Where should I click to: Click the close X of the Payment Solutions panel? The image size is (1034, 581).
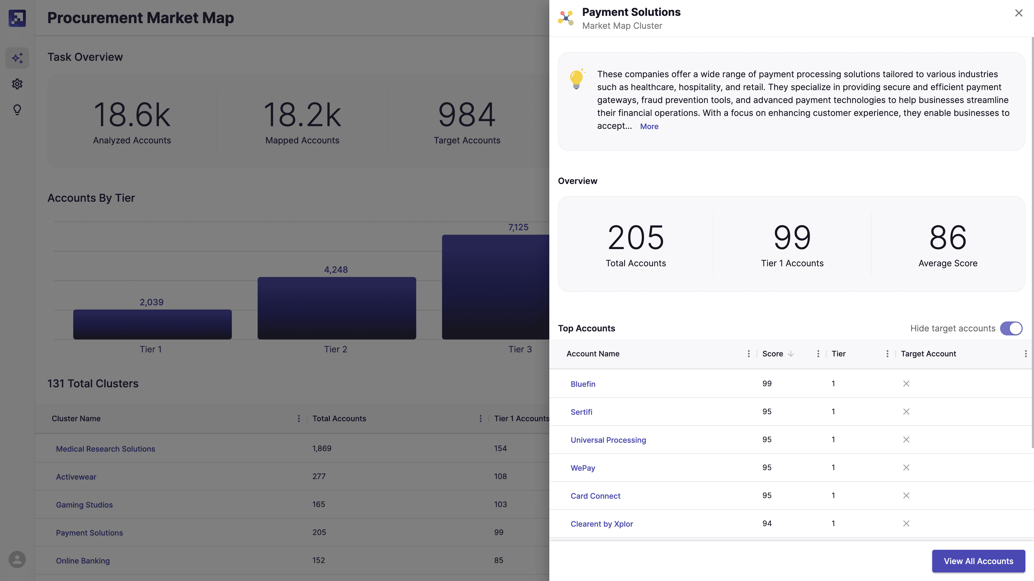[1018, 13]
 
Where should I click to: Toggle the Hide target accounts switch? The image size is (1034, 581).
[1011, 328]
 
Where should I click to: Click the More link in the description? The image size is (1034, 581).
[649, 127]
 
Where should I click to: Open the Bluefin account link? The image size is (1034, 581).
[583, 384]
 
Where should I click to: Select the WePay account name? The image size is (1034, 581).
[583, 468]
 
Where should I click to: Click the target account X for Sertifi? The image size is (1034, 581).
[906, 412]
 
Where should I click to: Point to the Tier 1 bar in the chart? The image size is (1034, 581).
[152, 324]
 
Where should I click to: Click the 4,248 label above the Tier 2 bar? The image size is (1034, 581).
[336, 270]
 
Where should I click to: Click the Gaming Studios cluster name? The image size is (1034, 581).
[84, 505]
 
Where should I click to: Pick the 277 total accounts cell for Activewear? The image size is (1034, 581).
[319, 477]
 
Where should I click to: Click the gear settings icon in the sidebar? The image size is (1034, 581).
[17, 84]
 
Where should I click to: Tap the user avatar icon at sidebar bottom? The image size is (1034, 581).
[17, 559]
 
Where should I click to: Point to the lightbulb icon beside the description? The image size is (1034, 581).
[577, 79]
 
